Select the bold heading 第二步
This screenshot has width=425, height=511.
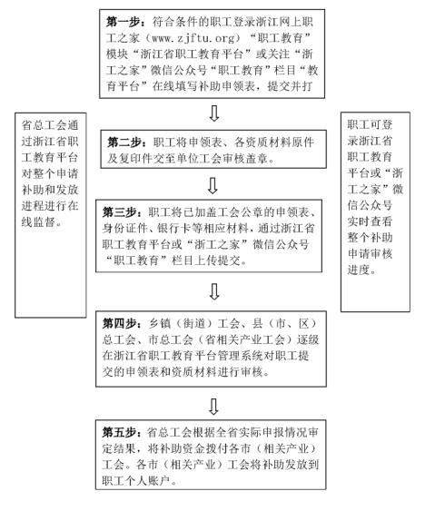[x=126, y=142]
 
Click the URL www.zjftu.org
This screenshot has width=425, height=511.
[x=174, y=38]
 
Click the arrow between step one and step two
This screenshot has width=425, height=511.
[x=213, y=113]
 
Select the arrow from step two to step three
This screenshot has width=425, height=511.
[x=213, y=185]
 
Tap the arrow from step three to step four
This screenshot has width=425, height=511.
[x=213, y=290]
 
